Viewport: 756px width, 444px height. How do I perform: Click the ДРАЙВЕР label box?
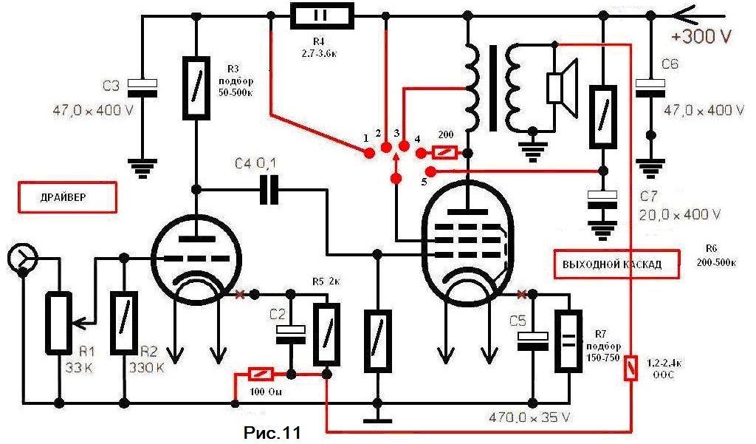point(66,198)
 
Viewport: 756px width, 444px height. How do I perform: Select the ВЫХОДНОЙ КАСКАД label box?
point(616,264)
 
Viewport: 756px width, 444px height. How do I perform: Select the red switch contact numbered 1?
point(369,153)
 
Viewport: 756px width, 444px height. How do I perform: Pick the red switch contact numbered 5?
point(432,171)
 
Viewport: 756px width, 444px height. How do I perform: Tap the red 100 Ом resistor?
point(263,373)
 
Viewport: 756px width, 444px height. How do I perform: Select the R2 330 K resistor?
point(123,322)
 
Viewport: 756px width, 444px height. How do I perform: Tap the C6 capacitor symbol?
point(650,89)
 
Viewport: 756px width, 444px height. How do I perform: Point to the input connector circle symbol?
point(22,258)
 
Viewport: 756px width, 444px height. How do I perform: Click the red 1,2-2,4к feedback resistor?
point(630,367)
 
